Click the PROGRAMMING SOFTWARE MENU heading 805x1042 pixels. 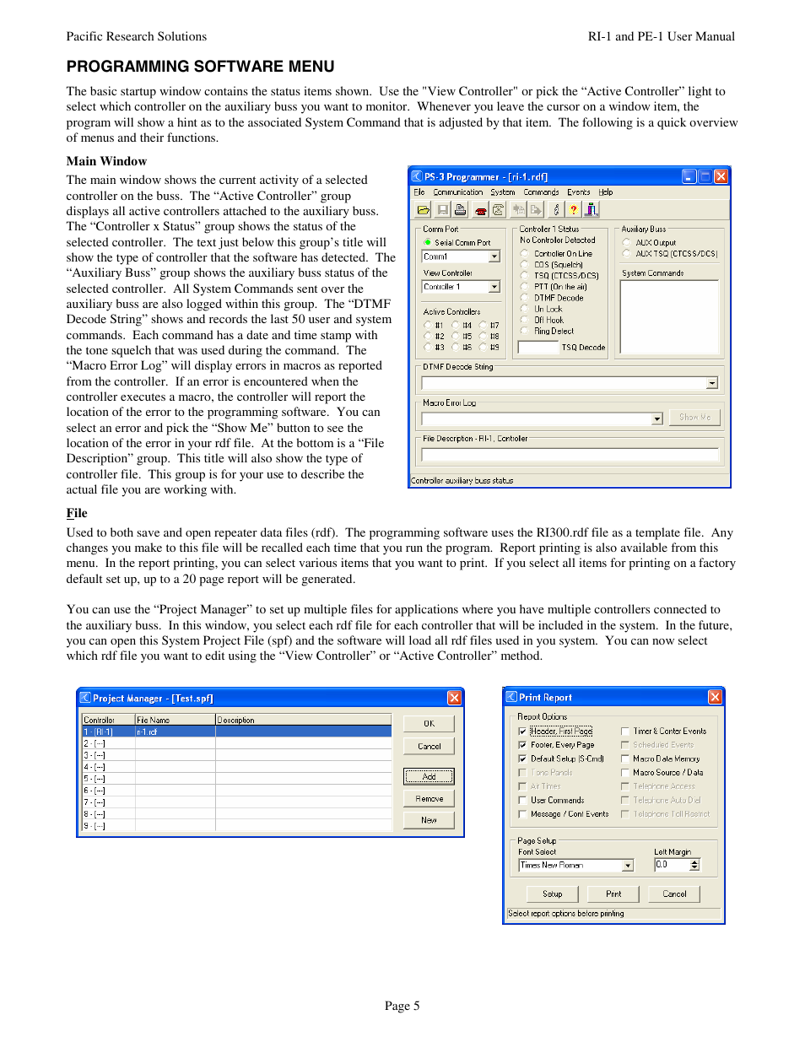pyautogui.click(x=200, y=67)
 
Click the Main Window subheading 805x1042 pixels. pyautogui.click(x=106, y=161)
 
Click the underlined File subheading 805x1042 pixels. pyautogui.click(x=77, y=513)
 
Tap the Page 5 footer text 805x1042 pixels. pyautogui.click(x=402, y=1006)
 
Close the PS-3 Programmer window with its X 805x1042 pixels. pyautogui.click(x=721, y=176)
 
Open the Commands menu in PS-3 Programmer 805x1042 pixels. pyautogui.click(x=541, y=192)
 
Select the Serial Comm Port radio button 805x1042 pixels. pyautogui.click(x=428, y=242)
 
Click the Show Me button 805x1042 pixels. pyautogui.click(x=694, y=418)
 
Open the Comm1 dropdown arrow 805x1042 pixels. pyautogui.click(x=494, y=256)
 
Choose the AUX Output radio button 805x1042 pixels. pyautogui.click(x=626, y=242)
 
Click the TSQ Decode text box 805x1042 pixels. pyautogui.click(x=538, y=347)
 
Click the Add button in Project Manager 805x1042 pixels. pyautogui.click(x=429, y=776)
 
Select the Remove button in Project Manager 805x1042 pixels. pyautogui.click(x=429, y=798)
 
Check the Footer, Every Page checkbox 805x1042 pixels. pyautogui.click(x=522, y=745)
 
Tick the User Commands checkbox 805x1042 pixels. pyautogui.click(x=522, y=800)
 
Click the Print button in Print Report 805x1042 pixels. pyautogui.click(x=613, y=894)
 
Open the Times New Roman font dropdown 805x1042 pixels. pyautogui.click(x=627, y=865)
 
